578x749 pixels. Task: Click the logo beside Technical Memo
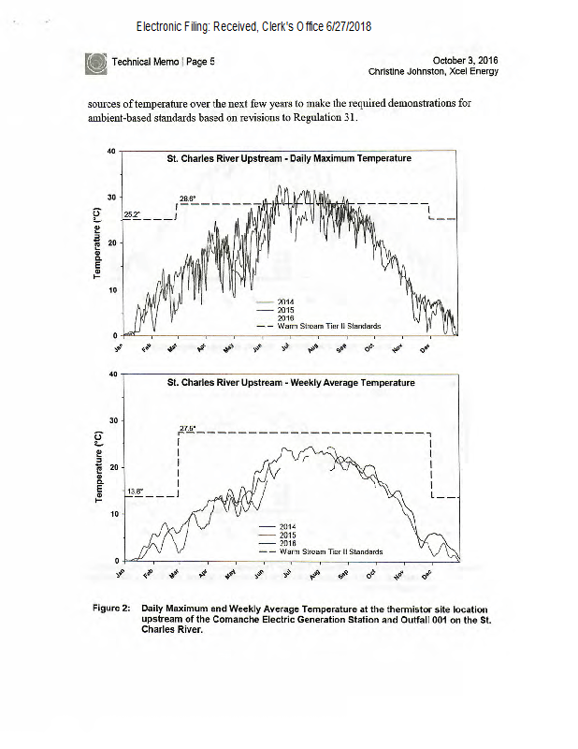[96, 63]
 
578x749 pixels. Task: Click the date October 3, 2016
[464, 60]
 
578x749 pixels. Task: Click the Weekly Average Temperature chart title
[291, 382]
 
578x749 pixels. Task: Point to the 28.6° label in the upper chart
[187, 198]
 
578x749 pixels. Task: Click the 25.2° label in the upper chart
[132, 214]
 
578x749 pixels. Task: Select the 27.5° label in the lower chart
[186, 428]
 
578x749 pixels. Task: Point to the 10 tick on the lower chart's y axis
[109, 513]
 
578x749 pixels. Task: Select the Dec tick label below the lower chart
[426, 572]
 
